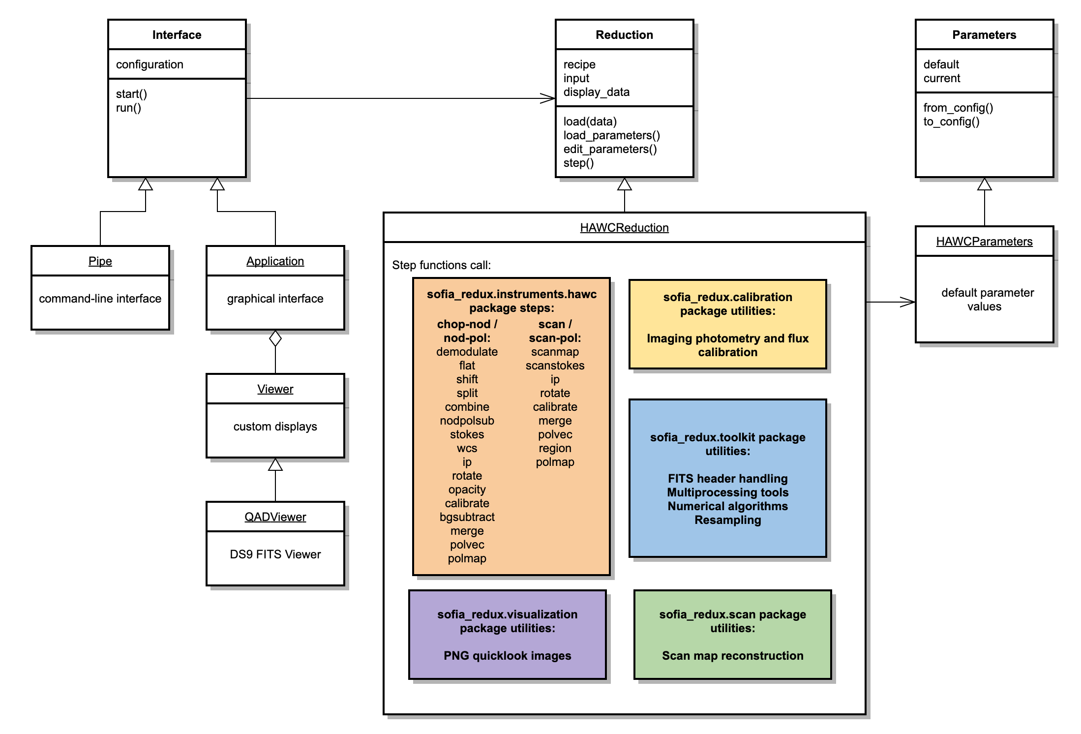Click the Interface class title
tap(177, 35)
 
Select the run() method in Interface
tap(128, 108)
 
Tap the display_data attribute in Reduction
tap(596, 92)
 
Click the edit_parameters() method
tap(610, 149)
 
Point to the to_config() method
tap(951, 122)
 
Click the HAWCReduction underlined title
tap(624, 228)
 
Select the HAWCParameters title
tap(984, 242)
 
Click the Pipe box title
tap(100, 261)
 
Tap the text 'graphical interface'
tap(275, 299)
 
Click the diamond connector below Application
tap(275, 338)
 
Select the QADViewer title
tap(275, 517)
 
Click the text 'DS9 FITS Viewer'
tap(275, 554)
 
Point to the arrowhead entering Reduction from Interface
tap(548, 98)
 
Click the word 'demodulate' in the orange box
tap(467, 352)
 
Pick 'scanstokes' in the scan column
tap(555, 366)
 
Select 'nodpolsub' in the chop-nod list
tap(467, 421)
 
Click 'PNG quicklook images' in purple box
tap(507, 656)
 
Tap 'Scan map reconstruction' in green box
tap(732, 656)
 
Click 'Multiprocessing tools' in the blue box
tap(727, 492)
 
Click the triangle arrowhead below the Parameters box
tap(984, 184)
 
